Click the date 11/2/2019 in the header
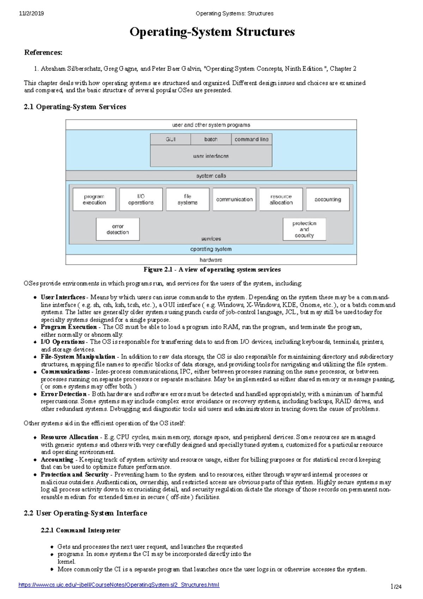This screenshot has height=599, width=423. pos(31,13)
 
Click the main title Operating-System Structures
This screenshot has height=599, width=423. pos(212,32)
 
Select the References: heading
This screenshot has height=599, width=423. pos(43,53)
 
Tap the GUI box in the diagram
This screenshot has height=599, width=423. pos(171,139)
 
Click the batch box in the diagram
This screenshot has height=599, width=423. pos(211,139)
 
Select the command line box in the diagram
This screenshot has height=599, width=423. pos(251,139)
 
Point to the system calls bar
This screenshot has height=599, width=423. pos(211,176)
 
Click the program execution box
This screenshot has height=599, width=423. pos(94,199)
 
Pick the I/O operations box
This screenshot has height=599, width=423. pos(141,199)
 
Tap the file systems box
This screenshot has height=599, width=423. pos(188,199)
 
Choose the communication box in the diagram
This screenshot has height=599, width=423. pos(234,199)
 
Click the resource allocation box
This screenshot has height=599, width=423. pos(281,199)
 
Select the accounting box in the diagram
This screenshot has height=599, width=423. pos(328,199)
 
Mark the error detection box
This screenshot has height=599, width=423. pos(118,229)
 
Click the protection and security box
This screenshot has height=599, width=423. pos(304,229)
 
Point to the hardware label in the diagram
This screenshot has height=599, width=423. pos(211,260)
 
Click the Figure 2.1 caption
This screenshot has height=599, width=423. pos(212,270)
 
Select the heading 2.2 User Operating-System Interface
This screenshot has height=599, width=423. pos(85,513)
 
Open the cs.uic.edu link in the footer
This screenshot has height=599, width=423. pos(119,585)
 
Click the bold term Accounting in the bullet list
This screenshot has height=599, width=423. pos(57,460)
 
